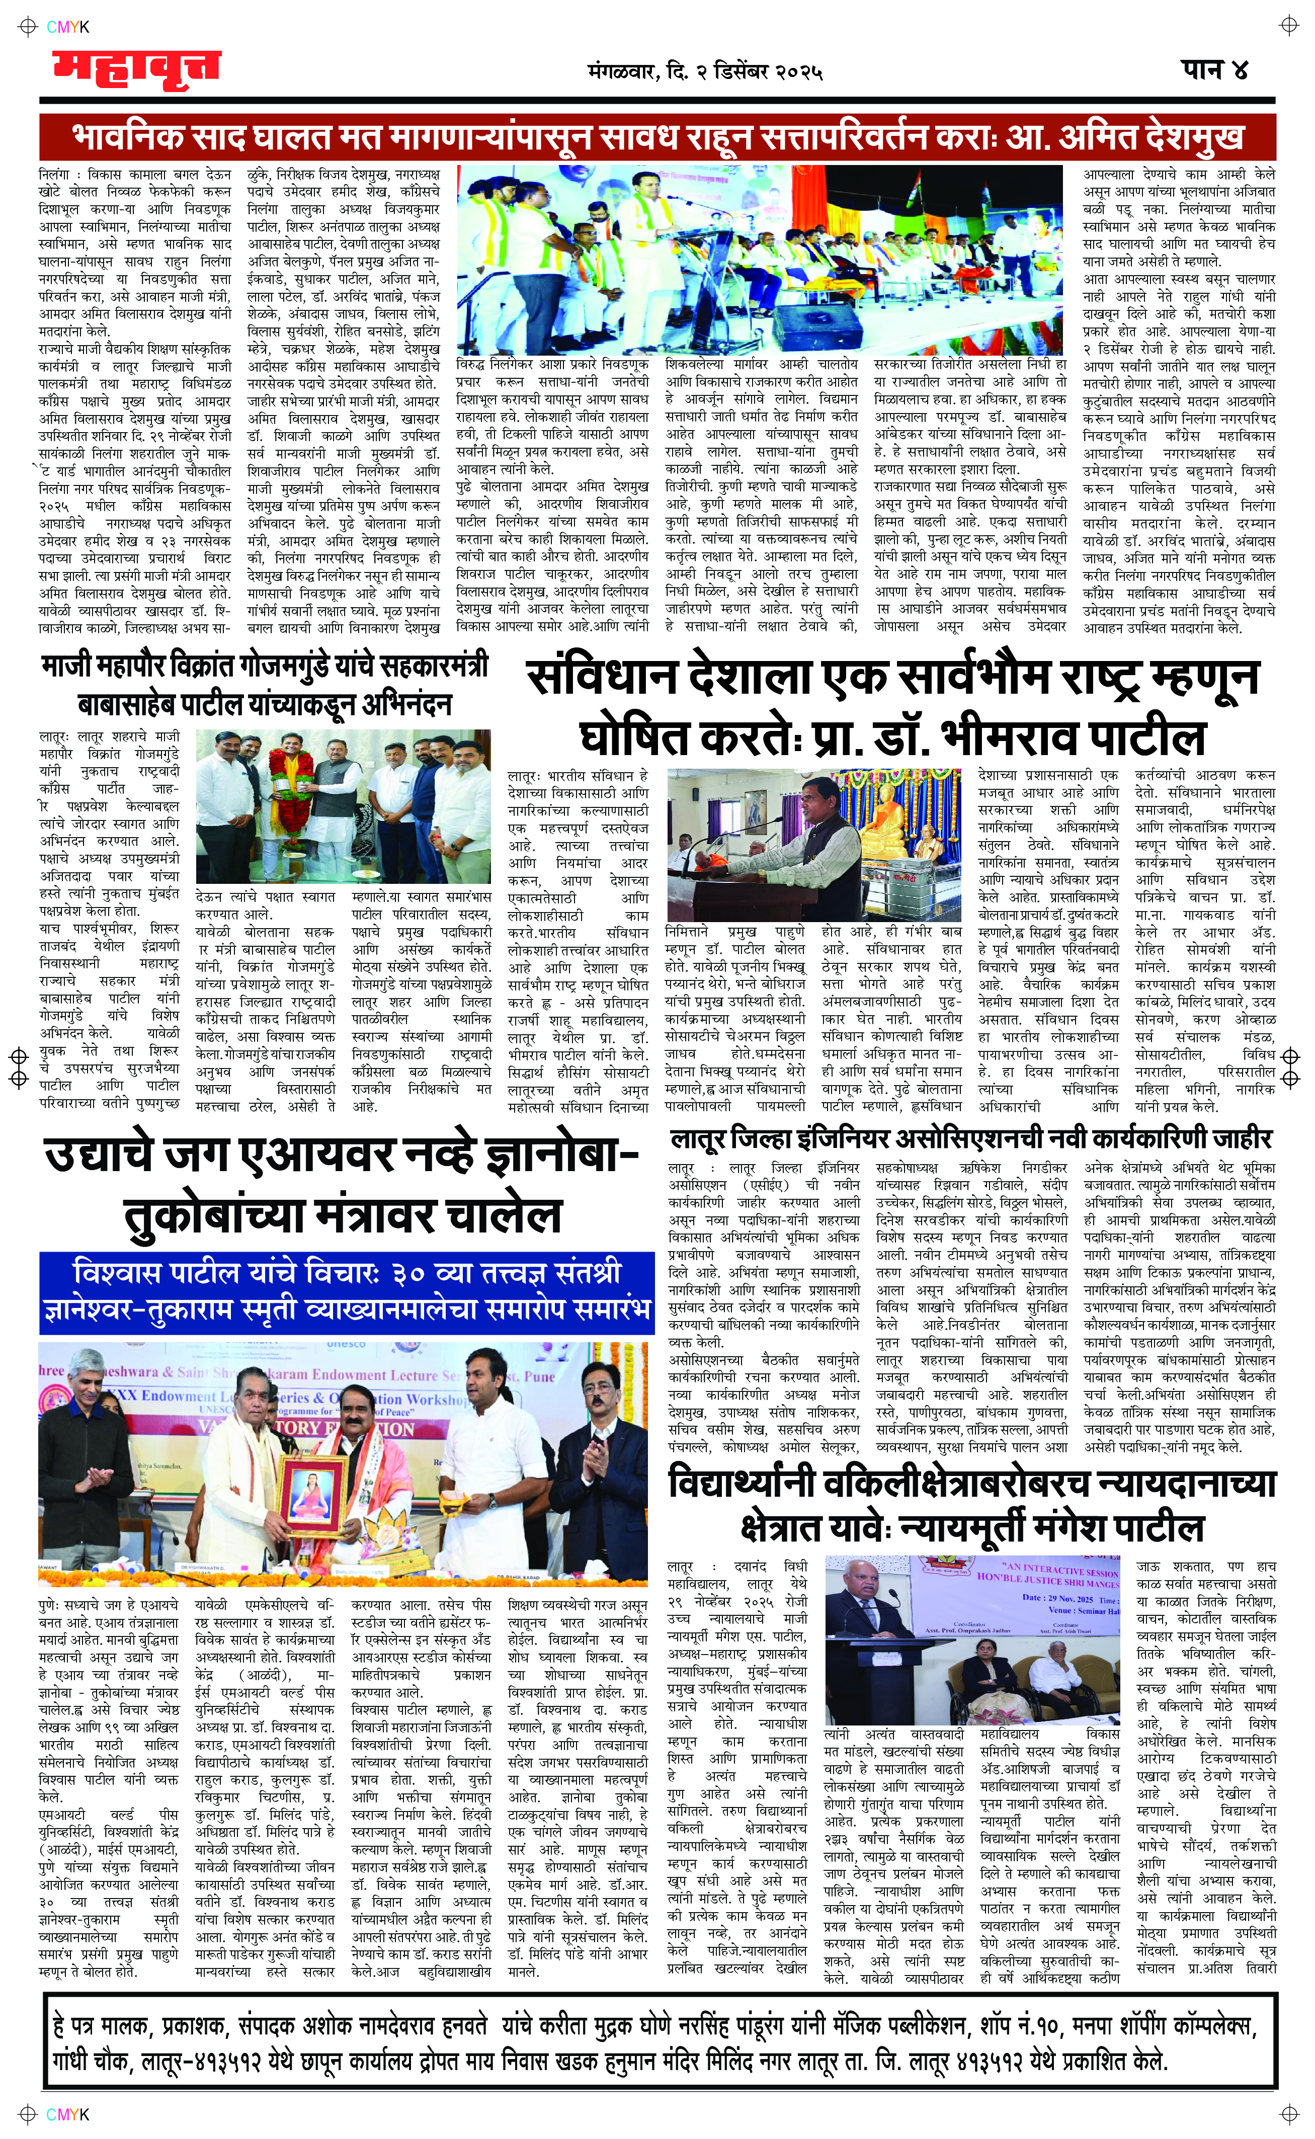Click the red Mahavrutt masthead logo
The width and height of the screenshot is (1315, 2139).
click(x=135, y=69)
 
